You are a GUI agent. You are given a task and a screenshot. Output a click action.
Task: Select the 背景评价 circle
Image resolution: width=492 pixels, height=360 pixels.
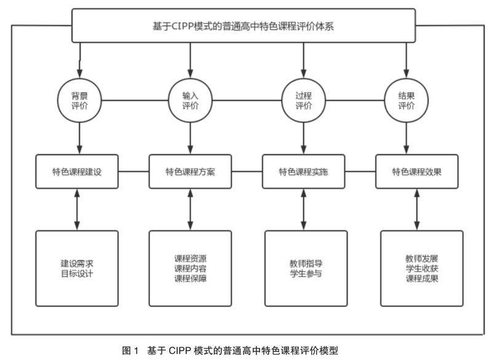(x=79, y=100)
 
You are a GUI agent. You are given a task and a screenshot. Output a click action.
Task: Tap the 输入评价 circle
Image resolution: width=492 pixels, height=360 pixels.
(x=191, y=100)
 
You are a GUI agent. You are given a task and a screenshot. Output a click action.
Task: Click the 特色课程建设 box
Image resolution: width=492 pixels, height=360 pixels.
(x=77, y=171)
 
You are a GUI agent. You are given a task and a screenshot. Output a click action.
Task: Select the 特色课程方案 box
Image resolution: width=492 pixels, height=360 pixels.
(x=191, y=171)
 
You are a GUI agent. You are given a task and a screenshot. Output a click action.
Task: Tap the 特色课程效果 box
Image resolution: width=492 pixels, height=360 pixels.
(x=417, y=171)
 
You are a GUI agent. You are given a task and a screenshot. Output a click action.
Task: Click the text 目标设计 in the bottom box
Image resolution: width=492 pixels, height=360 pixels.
(x=76, y=274)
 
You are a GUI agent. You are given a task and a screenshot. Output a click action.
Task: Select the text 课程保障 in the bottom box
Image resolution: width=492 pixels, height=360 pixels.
(x=191, y=279)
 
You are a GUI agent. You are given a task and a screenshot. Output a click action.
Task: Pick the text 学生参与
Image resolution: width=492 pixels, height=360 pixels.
(x=302, y=274)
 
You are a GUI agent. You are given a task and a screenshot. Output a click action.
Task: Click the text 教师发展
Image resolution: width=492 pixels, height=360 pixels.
(x=418, y=258)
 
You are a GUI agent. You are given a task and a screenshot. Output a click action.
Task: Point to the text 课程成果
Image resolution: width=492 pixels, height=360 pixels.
(x=418, y=279)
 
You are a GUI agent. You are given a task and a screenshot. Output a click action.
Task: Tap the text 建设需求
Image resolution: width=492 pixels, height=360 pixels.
(x=76, y=263)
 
